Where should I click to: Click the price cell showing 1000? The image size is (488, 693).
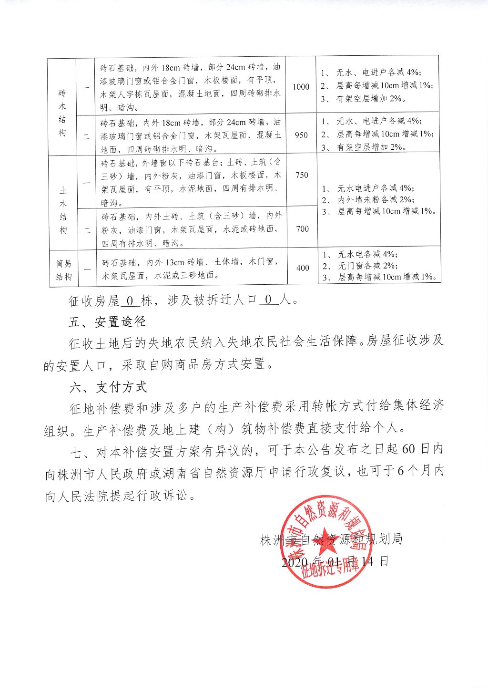(x=301, y=87)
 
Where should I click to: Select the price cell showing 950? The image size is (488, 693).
(x=301, y=135)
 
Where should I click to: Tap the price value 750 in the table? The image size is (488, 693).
(x=302, y=175)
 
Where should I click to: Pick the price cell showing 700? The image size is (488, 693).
(x=302, y=229)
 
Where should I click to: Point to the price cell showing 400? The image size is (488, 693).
(x=303, y=268)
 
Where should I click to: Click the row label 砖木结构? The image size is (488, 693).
(x=62, y=113)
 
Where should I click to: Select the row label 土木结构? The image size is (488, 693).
(x=63, y=210)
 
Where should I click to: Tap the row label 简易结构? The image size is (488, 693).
(x=64, y=270)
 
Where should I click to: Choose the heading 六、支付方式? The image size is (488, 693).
(x=108, y=387)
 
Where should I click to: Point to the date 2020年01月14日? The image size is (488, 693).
(x=335, y=561)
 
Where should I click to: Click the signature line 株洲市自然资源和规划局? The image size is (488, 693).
(x=332, y=539)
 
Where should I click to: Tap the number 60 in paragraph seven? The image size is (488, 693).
(x=408, y=449)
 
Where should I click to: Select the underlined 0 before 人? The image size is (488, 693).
(x=269, y=300)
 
